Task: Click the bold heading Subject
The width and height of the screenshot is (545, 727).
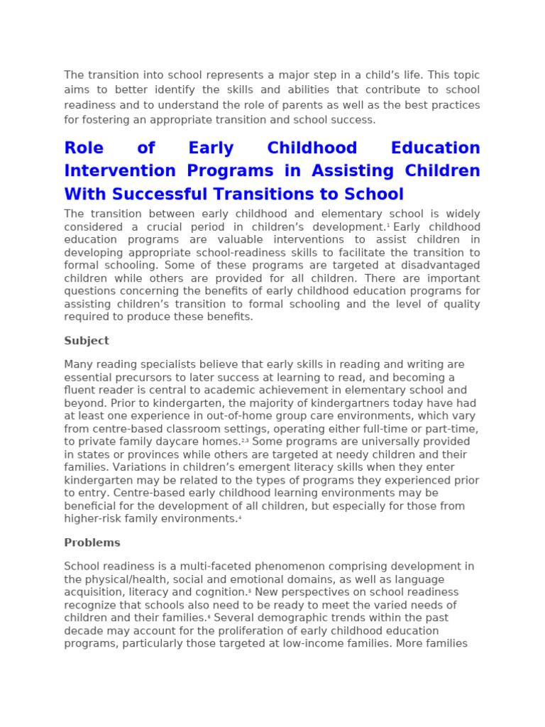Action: tap(87, 341)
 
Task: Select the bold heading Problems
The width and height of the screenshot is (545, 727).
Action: tap(92, 542)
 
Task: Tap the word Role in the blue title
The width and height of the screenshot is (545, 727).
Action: tap(84, 148)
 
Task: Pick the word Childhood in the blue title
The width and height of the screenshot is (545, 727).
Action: tap(312, 148)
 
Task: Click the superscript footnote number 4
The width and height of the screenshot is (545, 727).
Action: tap(241, 516)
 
